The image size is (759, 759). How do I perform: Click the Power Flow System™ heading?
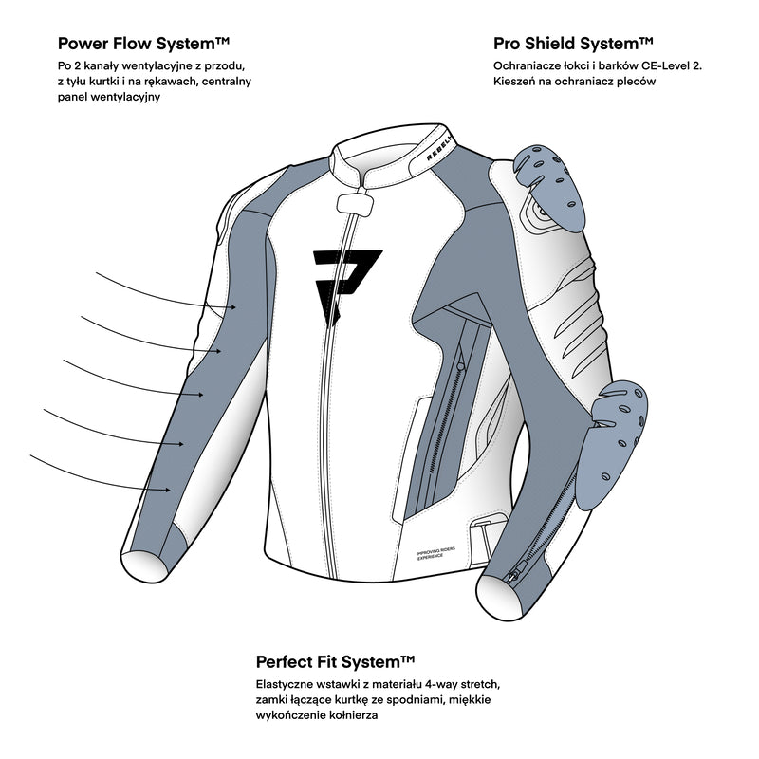point(143,43)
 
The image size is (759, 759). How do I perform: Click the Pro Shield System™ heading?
point(573,43)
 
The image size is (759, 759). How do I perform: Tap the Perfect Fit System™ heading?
point(336,660)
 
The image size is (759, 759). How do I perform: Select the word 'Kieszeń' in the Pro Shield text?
point(515,82)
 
